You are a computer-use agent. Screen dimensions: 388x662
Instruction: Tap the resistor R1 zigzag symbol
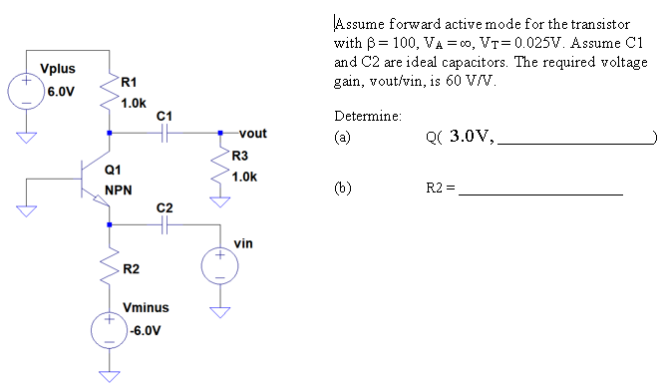109,97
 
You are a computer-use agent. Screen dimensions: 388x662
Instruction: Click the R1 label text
130,83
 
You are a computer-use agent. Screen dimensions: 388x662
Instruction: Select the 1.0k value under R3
244,177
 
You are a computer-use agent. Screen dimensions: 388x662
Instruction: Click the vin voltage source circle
219,263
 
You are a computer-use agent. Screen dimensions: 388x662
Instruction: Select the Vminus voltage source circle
109,330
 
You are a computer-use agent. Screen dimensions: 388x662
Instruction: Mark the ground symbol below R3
219,202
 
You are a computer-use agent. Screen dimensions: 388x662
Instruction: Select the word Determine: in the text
369,116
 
